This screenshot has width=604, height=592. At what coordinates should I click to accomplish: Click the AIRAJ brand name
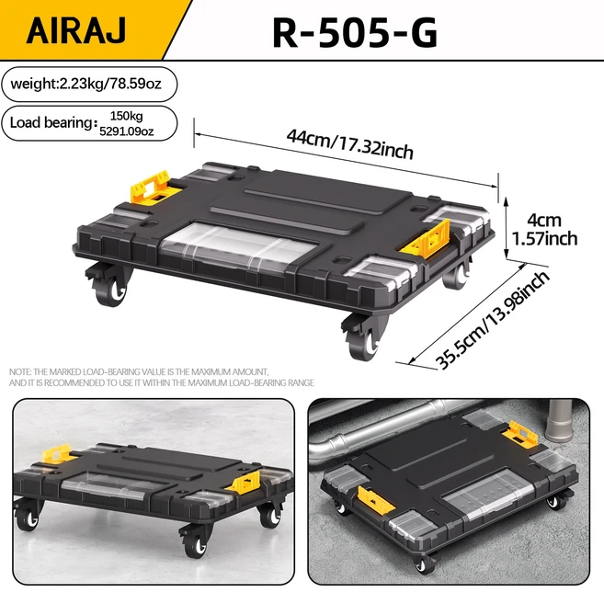click(76, 30)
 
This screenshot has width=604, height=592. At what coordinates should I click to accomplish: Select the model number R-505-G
click(355, 33)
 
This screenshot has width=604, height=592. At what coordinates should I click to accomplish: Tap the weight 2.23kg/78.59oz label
click(85, 84)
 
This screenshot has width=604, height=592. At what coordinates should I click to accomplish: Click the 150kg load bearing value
click(126, 116)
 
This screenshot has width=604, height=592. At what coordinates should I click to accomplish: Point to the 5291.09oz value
click(126, 131)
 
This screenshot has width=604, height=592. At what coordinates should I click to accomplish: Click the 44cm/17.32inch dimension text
click(349, 143)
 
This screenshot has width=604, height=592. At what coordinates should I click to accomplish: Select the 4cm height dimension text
click(544, 221)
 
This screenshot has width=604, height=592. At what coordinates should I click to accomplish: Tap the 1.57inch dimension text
click(544, 239)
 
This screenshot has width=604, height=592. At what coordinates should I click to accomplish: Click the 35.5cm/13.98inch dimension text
click(492, 319)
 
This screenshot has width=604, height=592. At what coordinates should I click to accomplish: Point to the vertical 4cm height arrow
click(507, 228)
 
